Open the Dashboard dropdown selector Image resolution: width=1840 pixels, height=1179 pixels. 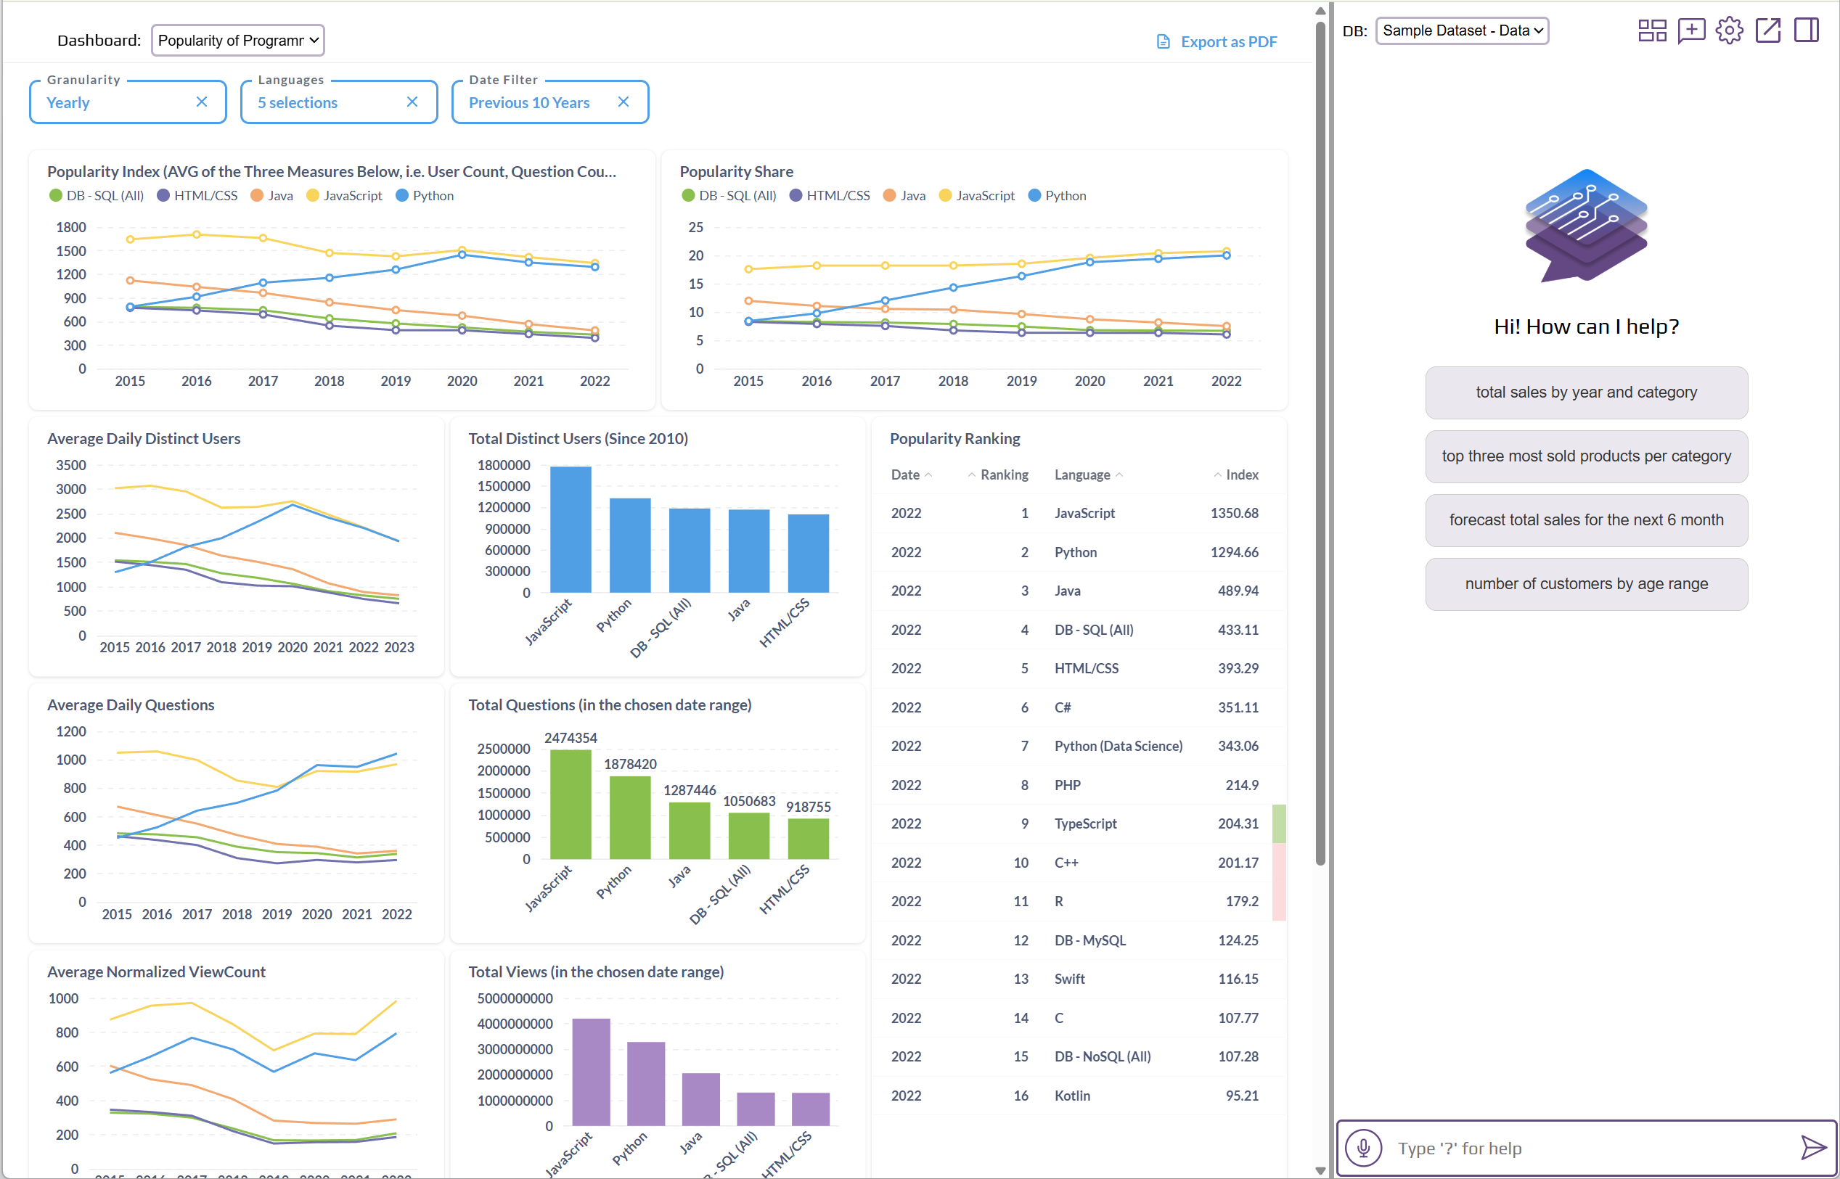[x=238, y=41]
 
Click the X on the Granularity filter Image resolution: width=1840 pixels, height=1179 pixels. [x=201, y=102]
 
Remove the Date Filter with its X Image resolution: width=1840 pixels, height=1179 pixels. [x=623, y=102]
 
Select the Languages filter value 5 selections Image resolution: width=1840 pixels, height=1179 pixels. [x=298, y=102]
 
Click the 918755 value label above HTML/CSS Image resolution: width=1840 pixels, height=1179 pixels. [x=808, y=807]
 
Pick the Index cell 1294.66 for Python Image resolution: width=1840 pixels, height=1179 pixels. [x=1233, y=552]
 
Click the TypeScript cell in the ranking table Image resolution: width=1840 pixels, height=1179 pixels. [x=1085, y=823]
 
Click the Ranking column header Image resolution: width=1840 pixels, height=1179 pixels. [x=1004, y=475]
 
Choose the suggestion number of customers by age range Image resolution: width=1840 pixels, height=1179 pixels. [x=1586, y=584]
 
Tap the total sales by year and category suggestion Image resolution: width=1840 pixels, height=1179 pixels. [x=1586, y=393]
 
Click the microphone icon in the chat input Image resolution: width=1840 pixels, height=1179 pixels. [x=1364, y=1148]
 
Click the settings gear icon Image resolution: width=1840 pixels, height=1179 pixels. [x=1729, y=30]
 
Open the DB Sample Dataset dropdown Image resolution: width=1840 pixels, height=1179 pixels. [x=1462, y=30]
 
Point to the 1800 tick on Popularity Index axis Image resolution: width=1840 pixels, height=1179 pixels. [x=71, y=227]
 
